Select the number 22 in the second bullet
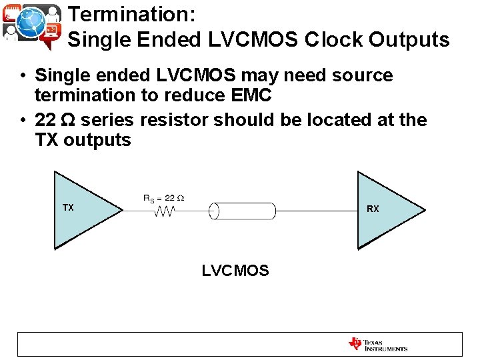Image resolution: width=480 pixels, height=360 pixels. pyautogui.click(x=45, y=120)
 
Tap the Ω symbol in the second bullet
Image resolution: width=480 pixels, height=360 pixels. pyautogui.click(x=68, y=120)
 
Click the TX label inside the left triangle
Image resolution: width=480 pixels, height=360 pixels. pyautogui.click(x=68, y=208)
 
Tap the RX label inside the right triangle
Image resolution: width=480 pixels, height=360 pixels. pyautogui.click(x=373, y=209)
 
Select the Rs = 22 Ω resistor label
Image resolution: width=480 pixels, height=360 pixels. pyautogui.click(x=163, y=198)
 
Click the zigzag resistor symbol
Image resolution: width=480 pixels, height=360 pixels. pyautogui.click(x=164, y=211)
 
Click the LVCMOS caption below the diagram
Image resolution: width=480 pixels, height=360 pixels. pyautogui.click(x=235, y=271)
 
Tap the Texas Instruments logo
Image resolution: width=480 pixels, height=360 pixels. pyautogui.click(x=377, y=344)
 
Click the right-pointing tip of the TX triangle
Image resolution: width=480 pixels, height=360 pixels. pyautogui.click(x=121, y=211)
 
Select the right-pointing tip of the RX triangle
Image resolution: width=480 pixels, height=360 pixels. pyautogui.click(x=423, y=211)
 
